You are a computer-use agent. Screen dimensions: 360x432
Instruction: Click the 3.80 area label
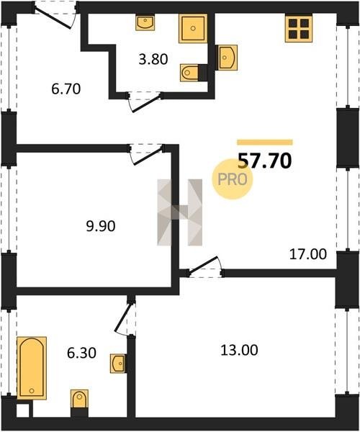(153, 59)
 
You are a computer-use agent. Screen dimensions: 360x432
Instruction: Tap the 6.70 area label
(66, 89)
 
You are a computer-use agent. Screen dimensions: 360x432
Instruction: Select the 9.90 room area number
(101, 226)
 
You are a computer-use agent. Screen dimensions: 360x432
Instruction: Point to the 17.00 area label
(308, 254)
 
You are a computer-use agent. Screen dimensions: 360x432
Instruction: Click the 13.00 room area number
(239, 351)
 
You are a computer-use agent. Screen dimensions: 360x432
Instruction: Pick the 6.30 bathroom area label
(81, 354)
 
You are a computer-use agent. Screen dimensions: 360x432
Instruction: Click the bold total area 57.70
(264, 161)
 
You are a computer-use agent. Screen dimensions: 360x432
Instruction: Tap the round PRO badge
(232, 179)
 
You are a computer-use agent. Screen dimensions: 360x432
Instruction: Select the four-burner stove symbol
(299, 28)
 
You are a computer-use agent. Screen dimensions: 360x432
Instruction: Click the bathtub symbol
(32, 367)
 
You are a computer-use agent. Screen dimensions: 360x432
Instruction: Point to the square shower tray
(193, 28)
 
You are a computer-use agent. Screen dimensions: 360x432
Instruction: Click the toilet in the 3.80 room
(189, 73)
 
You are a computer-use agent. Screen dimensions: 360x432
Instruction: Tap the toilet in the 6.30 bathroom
(79, 397)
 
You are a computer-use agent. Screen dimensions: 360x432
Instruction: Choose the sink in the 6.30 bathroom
(118, 364)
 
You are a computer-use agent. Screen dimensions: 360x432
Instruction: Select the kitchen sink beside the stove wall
(228, 58)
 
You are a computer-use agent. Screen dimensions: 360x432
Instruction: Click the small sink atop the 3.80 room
(145, 22)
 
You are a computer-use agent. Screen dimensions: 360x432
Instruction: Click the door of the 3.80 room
(145, 102)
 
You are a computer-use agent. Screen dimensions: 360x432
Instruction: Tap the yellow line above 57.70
(265, 142)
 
